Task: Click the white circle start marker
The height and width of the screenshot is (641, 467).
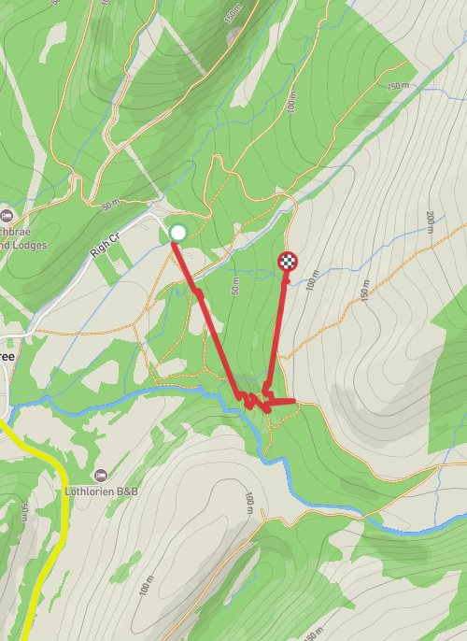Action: (178, 232)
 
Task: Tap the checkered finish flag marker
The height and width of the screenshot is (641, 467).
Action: (289, 262)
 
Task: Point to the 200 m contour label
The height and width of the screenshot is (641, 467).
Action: (430, 221)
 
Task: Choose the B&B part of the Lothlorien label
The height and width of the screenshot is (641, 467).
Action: (134, 491)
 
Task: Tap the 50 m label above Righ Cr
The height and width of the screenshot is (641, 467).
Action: (111, 203)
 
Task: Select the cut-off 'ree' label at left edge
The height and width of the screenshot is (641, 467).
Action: (7, 356)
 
